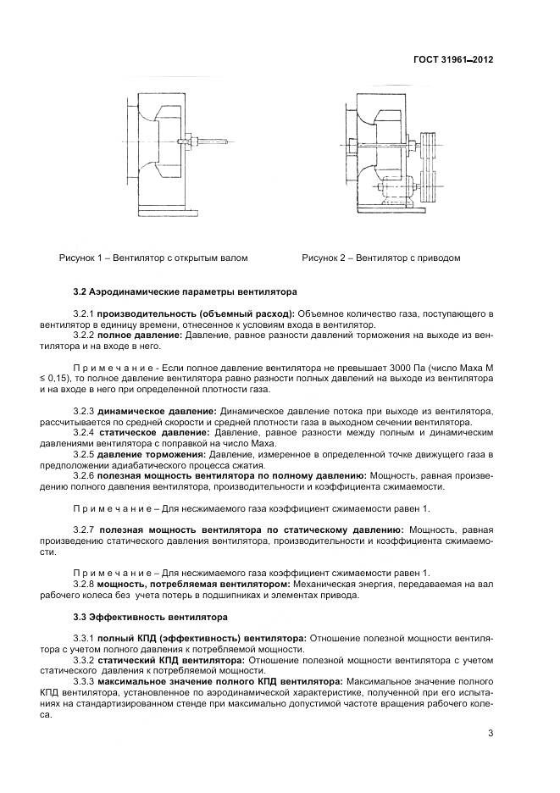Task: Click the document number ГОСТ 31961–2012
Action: (x=453, y=60)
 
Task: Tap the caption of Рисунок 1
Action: (x=152, y=258)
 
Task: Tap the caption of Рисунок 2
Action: (x=380, y=258)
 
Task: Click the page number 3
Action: (x=491, y=734)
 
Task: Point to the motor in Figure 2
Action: (x=393, y=189)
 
